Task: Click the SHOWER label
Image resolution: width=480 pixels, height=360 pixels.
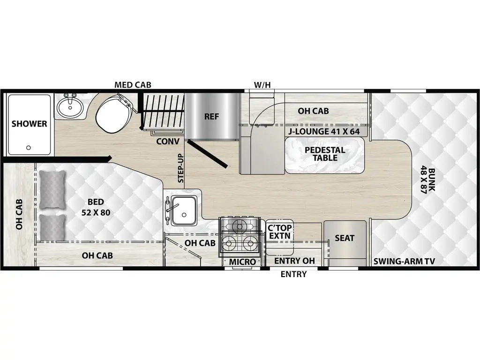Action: click(29, 124)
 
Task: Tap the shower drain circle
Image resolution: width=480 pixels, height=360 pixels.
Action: click(29, 147)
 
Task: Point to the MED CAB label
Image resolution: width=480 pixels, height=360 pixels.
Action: click(133, 85)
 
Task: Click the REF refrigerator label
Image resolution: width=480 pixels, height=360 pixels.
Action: click(211, 116)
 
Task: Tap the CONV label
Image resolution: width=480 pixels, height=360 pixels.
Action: click(167, 141)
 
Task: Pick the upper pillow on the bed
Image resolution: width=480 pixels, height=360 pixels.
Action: click(52, 189)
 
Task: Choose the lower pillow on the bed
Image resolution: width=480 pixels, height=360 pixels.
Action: click(52, 227)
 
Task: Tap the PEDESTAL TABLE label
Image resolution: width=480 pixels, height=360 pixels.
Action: click(325, 154)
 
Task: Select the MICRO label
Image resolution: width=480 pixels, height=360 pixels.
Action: click(242, 262)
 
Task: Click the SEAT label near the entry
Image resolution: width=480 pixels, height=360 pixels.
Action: click(345, 238)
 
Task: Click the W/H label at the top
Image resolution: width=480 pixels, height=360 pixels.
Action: click(262, 85)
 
